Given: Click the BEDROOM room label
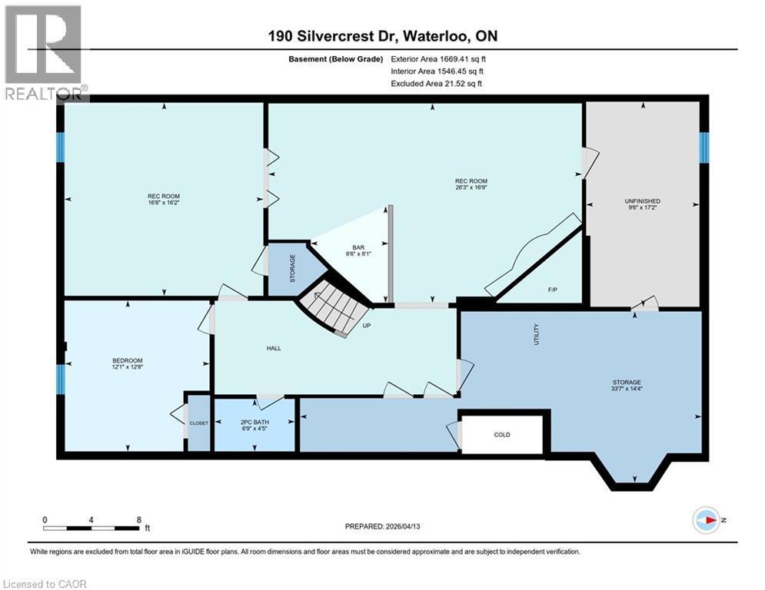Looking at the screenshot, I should pos(127,360).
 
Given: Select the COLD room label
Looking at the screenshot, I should pos(502,435).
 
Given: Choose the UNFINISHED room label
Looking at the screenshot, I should pos(642,201).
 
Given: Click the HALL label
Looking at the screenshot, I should pos(274,348).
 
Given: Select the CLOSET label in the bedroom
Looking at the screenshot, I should pos(199,423).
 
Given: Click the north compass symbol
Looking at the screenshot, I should pos(705,519).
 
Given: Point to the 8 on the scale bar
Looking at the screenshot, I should pos(138,519).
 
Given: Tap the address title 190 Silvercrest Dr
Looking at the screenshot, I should pos(382,37).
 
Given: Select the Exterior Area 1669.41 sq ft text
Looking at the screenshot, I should pos(437,58).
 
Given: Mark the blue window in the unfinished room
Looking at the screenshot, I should pos(703,147).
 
